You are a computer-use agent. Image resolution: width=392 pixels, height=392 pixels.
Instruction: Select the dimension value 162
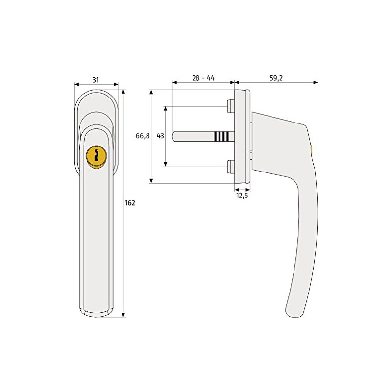click(129, 203)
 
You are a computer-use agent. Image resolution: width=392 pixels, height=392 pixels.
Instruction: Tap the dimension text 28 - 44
click(204, 78)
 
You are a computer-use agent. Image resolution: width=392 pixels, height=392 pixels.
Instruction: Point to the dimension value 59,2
click(276, 78)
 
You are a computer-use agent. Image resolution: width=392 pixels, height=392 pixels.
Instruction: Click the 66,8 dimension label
click(143, 136)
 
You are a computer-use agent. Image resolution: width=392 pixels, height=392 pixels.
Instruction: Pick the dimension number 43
click(160, 136)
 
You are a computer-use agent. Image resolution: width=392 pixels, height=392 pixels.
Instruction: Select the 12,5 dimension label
click(243, 196)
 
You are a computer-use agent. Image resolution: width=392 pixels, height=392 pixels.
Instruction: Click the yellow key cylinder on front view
click(96, 156)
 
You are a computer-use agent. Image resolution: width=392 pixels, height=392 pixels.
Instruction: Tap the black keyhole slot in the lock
click(96, 155)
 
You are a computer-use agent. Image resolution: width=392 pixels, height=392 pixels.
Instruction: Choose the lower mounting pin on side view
click(230, 167)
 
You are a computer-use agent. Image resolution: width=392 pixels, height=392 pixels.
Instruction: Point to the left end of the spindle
click(175, 136)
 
